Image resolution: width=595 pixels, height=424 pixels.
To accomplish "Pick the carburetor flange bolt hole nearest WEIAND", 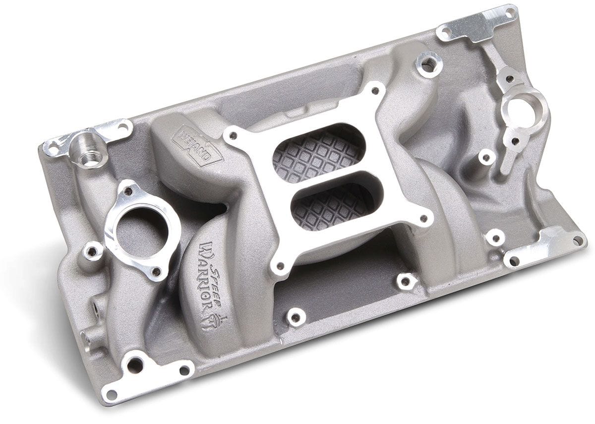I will tap(230, 134).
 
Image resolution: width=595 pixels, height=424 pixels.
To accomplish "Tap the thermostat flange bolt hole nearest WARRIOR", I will tap(156, 271).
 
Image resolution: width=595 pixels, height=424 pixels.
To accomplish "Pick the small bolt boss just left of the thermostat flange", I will tap(92, 251).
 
